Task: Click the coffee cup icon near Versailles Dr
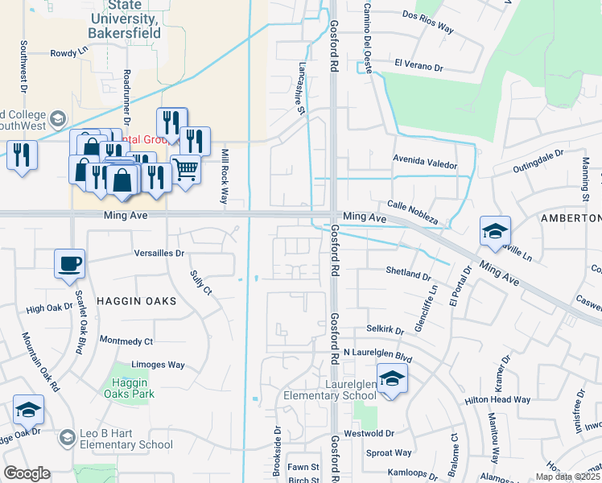[69, 263]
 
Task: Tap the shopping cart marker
[185, 170]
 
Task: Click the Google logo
[27, 473]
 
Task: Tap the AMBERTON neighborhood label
[571, 218]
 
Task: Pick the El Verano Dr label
[419, 65]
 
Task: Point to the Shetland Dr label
[408, 273]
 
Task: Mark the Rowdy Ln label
[69, 52]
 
